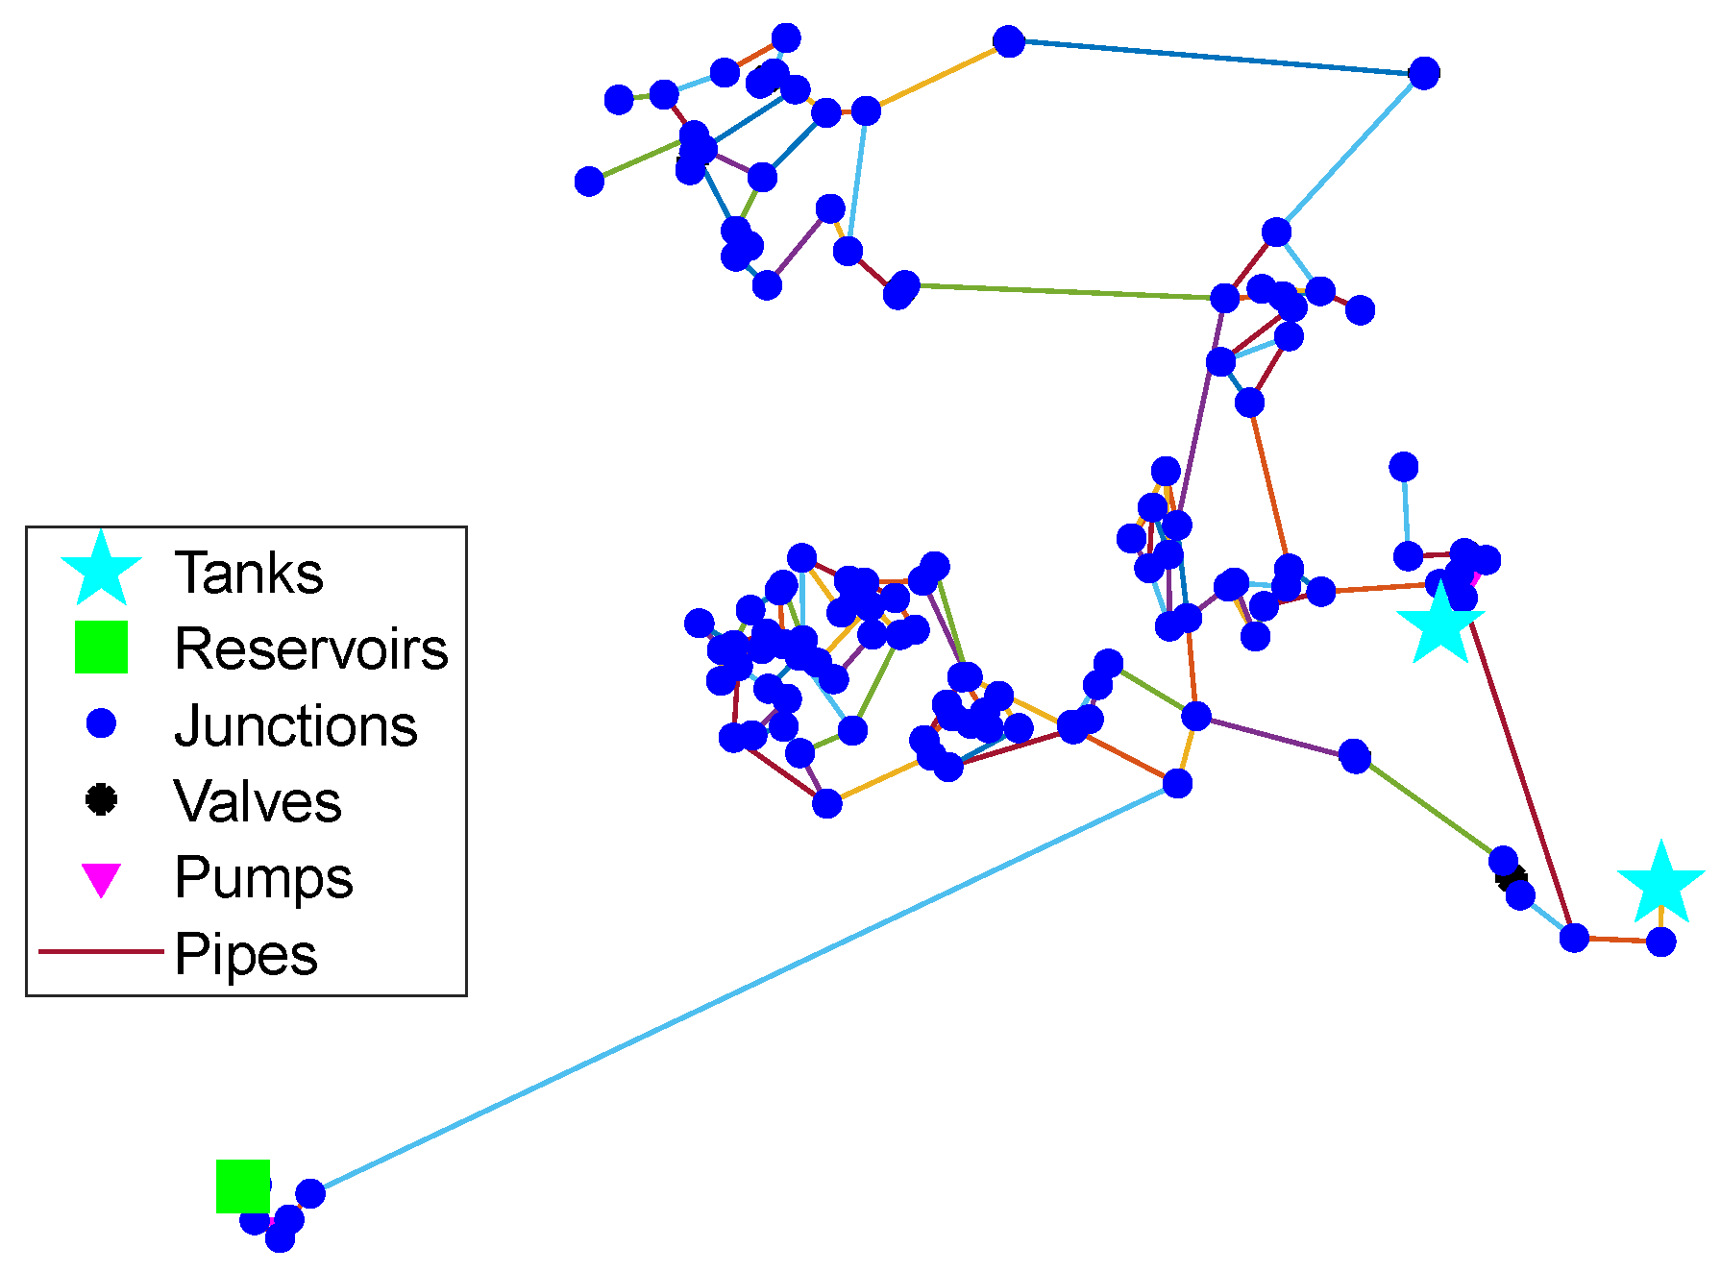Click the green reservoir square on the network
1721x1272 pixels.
coord(242,1186)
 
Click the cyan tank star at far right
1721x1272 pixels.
coord(1660,883)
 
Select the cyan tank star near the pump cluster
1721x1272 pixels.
coord(1439,624)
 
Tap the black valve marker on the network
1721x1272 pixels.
coord(1511,877)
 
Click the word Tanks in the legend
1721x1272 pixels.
coord(248,574)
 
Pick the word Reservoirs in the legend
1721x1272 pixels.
coord(310,649)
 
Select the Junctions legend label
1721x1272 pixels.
coord(295,725)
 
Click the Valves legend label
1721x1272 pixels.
coord(257,801)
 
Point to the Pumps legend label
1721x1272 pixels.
coord(263,877)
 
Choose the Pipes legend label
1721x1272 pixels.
coord(245,954)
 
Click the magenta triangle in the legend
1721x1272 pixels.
coord(101,879)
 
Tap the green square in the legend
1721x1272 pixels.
coord(101,647)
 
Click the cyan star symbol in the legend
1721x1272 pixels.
coord(101,569)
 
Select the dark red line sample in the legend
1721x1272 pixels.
coord(101,952)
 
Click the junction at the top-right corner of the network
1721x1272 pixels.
coord(1423,73)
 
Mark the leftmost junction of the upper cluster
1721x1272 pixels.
coord(589,181)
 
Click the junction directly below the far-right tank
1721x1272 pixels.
coord(1660,942)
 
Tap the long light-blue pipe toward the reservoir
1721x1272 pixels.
coord(740,990)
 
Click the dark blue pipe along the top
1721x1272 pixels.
coord(1216,58)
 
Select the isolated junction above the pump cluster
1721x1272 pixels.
coord(1403,467)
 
